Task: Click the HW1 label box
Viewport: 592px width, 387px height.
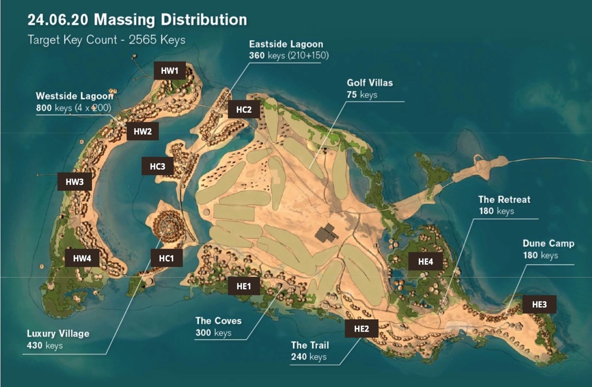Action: (170, 70)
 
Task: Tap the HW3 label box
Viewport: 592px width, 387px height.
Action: (75, 182)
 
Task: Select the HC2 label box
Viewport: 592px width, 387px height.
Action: (244, 109)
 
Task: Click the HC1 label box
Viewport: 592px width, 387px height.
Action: (166, 258)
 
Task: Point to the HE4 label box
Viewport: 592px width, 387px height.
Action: (425, 261)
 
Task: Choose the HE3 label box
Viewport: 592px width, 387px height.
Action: (539, 304)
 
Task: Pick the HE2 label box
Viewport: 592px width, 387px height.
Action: (361, 328)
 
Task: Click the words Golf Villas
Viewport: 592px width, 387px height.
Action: (369, 83)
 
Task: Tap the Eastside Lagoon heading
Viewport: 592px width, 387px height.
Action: (286, 44)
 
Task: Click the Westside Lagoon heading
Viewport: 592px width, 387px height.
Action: (74, 96)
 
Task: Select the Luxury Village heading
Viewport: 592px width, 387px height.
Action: (58, 333)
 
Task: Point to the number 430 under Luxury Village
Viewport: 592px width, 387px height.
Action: (35, 345)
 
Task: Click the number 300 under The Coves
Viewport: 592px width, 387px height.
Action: (203, 333)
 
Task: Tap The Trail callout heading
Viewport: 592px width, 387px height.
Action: (309, 345)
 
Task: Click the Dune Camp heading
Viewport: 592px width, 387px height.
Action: (548, 243)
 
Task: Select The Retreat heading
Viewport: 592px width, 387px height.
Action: (504, 199)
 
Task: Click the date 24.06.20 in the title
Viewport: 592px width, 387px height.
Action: (58, 20)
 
